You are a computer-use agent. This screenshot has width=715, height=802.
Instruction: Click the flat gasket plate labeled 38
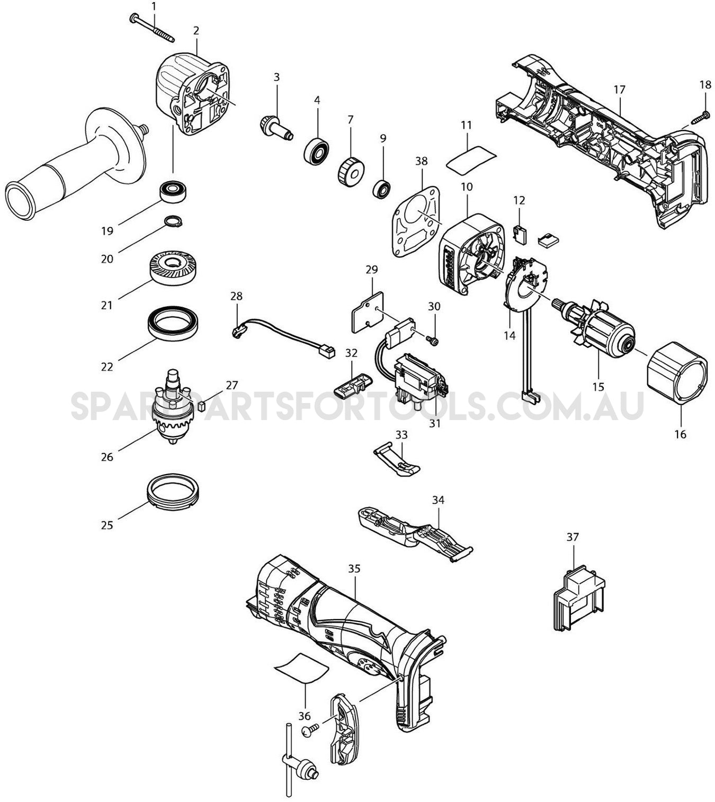[417, 221]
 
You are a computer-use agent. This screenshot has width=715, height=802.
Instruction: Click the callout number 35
[354, 568]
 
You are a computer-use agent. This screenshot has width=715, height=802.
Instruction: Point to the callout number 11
[466, 126]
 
